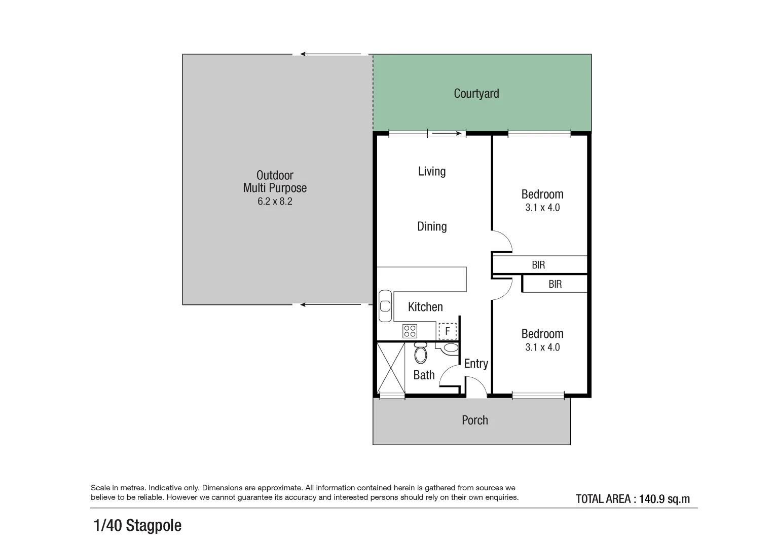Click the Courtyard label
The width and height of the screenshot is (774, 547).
pos(476,94)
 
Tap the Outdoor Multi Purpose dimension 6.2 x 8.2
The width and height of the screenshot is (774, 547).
pos(275,202)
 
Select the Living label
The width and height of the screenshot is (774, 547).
pos(432,172)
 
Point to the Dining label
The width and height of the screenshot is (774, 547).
pos(432,226)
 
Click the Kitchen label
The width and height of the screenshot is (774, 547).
pos(425,307)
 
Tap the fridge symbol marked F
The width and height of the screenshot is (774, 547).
pos(447,331)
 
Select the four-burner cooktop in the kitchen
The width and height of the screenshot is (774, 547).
pos(410,331)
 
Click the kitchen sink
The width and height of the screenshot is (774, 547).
pos(385,305)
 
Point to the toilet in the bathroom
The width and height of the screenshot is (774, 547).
pos(421,353)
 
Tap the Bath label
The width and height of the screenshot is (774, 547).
pos(424,375)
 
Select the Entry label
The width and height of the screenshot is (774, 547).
pos(476,364)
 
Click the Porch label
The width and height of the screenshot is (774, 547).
pos(475,420)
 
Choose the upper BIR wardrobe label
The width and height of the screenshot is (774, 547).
pos(538,265)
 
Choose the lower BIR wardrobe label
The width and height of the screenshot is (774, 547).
pos(555,284)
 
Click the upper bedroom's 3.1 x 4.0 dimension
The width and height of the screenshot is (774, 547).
pos(542,208)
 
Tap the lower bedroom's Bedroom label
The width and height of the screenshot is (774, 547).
pos(542,334)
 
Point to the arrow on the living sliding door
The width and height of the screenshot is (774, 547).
pos(448,134)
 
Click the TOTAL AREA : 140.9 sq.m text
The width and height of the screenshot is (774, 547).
pos(633,499)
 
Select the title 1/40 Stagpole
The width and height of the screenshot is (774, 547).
pos(138,526)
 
